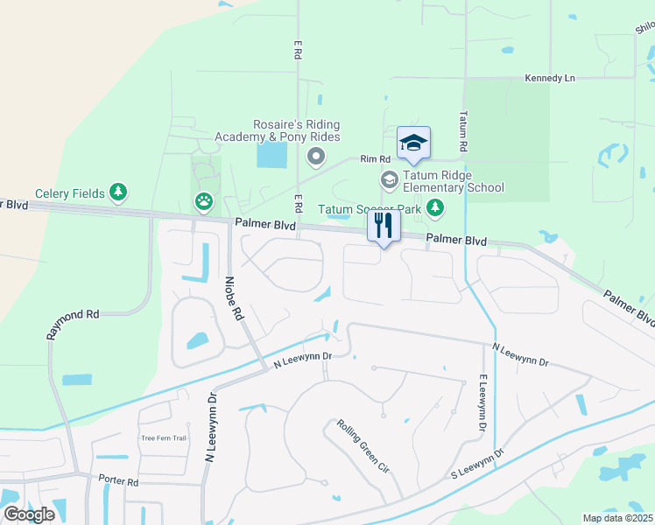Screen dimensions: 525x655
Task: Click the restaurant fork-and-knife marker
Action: pyautogui.click(x=382, y=226)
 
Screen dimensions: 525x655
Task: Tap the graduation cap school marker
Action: pyautogui.click(x=413, y=143)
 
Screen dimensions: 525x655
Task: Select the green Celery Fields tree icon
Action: pyautogui.click(x=118, y=192)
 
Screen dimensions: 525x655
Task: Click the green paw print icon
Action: pyautogui.click(x=203, y=203)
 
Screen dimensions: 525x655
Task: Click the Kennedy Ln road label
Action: pyautogui.click(x=549, y=79)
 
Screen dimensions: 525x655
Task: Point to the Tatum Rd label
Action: pyautogui.click(x=464, y=129)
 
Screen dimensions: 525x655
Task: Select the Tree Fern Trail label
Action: pyautogui.click(x=165, y=438)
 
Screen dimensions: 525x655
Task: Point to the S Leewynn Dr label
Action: pyautogui.click(x=477, y=464)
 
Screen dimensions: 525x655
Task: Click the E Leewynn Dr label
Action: pyautogui.click(x=482, y=402)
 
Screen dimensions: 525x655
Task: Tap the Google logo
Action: pyautogui.click(x=29, y=514)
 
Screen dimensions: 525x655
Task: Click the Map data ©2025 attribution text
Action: pyautogui.click(x=616, y=518)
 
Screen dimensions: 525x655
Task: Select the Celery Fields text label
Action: pyautogui.click(x=69, y=193)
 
